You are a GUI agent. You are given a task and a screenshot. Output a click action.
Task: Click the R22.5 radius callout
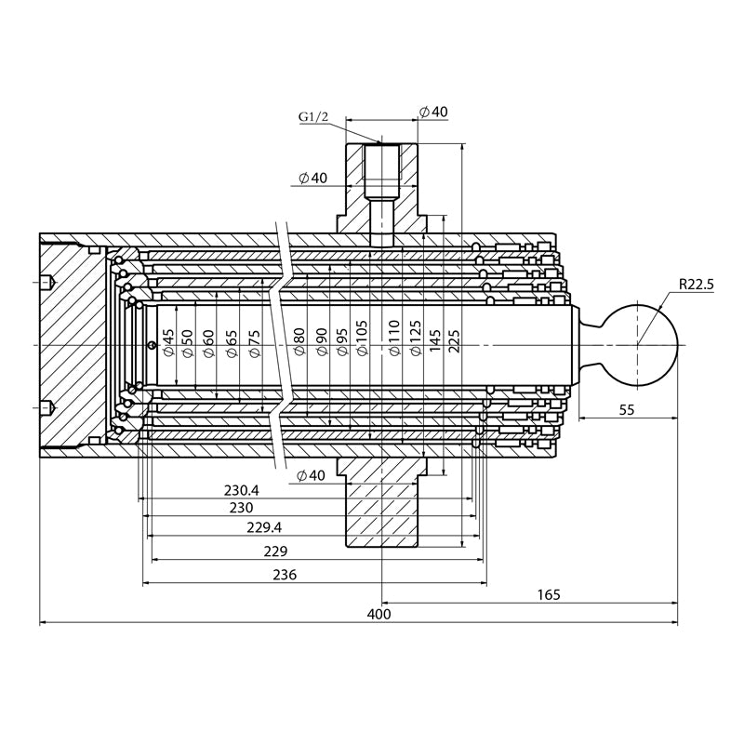click(x=695, y=285)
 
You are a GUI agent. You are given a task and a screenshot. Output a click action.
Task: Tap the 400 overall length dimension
click(x=379, y=614)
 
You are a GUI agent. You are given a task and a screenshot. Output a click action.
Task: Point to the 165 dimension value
click(x=549, y=594)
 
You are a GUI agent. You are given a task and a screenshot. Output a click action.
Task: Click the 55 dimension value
click(x=626, y=409)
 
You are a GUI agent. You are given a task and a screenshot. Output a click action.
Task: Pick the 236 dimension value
click(x=285, y=575)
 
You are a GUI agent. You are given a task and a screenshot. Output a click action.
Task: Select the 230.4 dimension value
click(x=242, y=490)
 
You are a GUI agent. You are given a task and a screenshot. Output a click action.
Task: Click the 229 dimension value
click(x=275, y=551)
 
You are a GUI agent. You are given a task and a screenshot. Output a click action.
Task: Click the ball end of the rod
click(x=638, y=345)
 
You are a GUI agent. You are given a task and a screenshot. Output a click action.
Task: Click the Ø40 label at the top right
click(x=433, y=112)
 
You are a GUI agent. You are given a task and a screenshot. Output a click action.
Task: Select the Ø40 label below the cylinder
click(x=312, y=475)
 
